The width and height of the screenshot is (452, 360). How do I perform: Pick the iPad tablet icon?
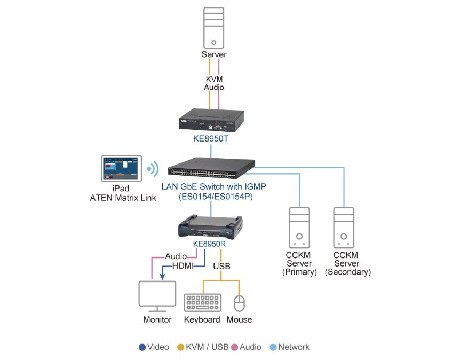[x=122, y=170]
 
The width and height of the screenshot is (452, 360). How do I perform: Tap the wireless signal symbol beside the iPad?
[x=153, y=169]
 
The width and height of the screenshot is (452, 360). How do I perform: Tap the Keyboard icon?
[x=202, y=302]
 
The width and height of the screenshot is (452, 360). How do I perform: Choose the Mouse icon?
[x=240, y=303]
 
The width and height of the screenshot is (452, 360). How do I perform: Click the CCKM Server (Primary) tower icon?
[x=299, y=228]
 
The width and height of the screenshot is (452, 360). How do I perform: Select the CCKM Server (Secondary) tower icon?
[x=344, y=228]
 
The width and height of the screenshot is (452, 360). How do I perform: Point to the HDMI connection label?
[x=183, y=265]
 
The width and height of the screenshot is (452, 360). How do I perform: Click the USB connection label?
[x=222, y=265]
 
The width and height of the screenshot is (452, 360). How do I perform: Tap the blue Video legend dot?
[x=142, y=347]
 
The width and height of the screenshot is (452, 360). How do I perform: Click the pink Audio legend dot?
[x=234, y=347]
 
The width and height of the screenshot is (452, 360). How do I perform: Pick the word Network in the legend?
[x=294, y=347]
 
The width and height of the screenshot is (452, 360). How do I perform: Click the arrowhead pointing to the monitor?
[x=162, y=276]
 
